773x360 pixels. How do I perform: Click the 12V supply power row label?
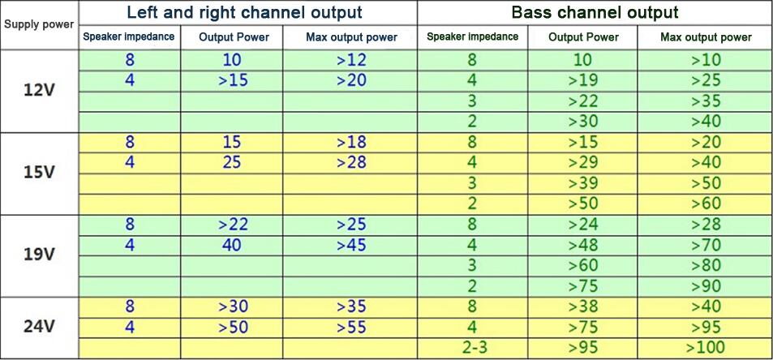[39, 92]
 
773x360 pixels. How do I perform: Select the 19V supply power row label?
[39, 255]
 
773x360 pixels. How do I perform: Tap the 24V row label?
[39, 327]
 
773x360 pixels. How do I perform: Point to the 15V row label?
[39, 174]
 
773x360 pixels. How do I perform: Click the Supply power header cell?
[39, 24]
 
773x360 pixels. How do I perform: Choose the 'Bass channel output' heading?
[595, 12]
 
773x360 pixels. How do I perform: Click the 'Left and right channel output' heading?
[244, 12]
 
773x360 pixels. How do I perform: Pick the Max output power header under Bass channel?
[706, 37]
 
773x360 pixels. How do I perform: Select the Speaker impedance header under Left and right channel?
[129, 37]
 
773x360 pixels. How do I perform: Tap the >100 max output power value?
[706, 348]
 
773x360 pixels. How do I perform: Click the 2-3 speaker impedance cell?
[475, 348]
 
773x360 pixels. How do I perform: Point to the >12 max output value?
[351, 60]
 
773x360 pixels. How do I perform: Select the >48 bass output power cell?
[583, 245]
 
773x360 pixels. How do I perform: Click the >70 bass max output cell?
[706, 245]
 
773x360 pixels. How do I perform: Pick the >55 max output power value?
[351, 327]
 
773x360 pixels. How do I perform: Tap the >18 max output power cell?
[351, 143]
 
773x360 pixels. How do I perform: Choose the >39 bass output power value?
[583, 183]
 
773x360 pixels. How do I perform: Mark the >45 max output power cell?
[351, 245]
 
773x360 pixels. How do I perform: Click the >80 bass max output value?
[706, 265]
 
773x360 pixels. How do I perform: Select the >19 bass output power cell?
[583, 80]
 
